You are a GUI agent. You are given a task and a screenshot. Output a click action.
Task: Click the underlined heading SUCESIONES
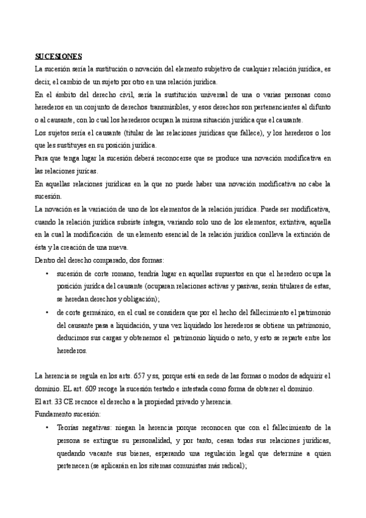62,57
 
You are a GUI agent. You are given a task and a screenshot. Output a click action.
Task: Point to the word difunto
319,108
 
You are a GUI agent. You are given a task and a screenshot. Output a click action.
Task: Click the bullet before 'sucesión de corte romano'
46,273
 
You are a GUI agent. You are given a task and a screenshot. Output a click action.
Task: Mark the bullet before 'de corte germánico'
46,312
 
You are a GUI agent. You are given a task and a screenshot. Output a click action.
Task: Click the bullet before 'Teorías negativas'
46,426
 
